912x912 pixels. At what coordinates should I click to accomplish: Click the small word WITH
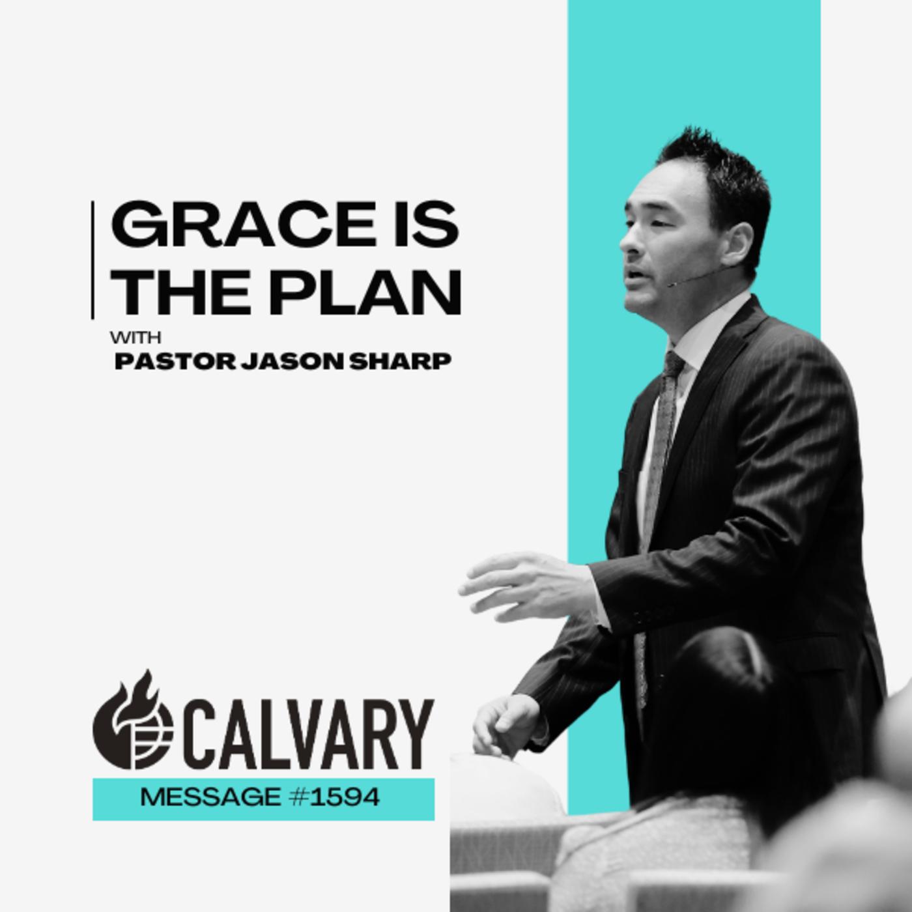point(136,338)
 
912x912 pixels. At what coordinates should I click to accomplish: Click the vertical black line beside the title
point(93,259)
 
